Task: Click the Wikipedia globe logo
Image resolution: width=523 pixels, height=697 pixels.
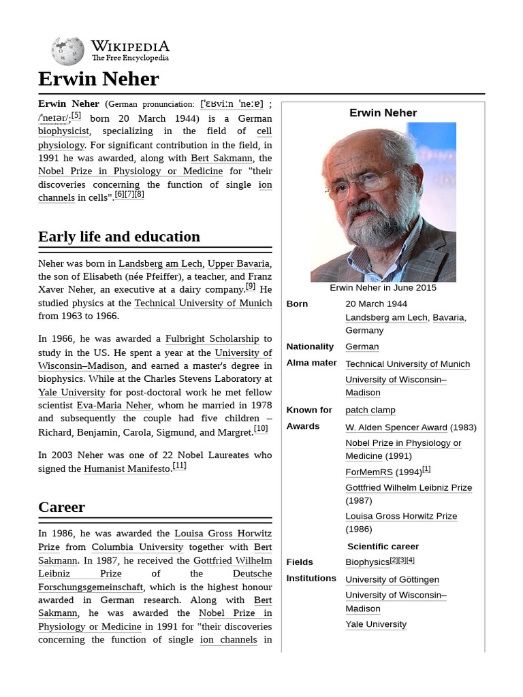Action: (67, 51)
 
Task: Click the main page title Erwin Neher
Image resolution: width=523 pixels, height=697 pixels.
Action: (98, 79)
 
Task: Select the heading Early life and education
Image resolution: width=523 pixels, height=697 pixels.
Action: (119, 237)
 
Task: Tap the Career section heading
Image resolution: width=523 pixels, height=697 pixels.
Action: (61, 507)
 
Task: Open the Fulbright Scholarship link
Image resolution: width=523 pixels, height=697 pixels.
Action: (212, 338)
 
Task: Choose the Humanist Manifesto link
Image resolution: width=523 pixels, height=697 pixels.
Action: (127, 468)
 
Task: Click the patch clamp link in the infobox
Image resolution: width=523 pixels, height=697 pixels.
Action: (370, 410)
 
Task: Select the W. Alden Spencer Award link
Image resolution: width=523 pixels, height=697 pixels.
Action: (396, 427)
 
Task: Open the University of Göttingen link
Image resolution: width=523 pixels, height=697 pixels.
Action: (392, 579)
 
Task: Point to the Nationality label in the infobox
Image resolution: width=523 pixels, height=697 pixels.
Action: (310, 346)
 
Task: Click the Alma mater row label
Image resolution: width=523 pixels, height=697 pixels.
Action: (311, 363)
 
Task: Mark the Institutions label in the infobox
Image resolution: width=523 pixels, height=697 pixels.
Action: (311, 578)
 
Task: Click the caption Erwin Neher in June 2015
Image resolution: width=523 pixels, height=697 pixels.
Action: (383, 288)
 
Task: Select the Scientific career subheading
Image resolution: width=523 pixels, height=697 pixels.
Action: (383, 546)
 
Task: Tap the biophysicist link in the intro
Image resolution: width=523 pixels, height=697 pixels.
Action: (63, 131)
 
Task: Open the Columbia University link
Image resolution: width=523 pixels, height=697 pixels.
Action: (138, 547)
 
